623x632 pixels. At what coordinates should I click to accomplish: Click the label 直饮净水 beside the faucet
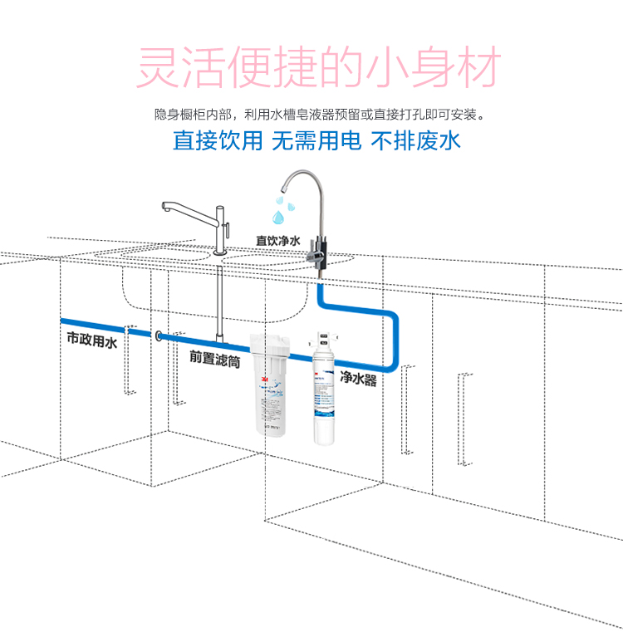[277, 240]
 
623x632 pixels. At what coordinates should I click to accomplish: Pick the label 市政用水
[92, 340]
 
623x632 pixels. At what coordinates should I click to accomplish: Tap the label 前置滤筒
[214, 357]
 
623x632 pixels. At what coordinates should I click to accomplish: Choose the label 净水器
[358, 380]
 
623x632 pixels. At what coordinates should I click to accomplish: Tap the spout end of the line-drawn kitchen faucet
[164, 208]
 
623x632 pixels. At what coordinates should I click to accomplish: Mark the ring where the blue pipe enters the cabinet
[158, 336]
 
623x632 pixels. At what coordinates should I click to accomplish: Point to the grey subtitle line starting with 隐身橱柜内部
[319, 113]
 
